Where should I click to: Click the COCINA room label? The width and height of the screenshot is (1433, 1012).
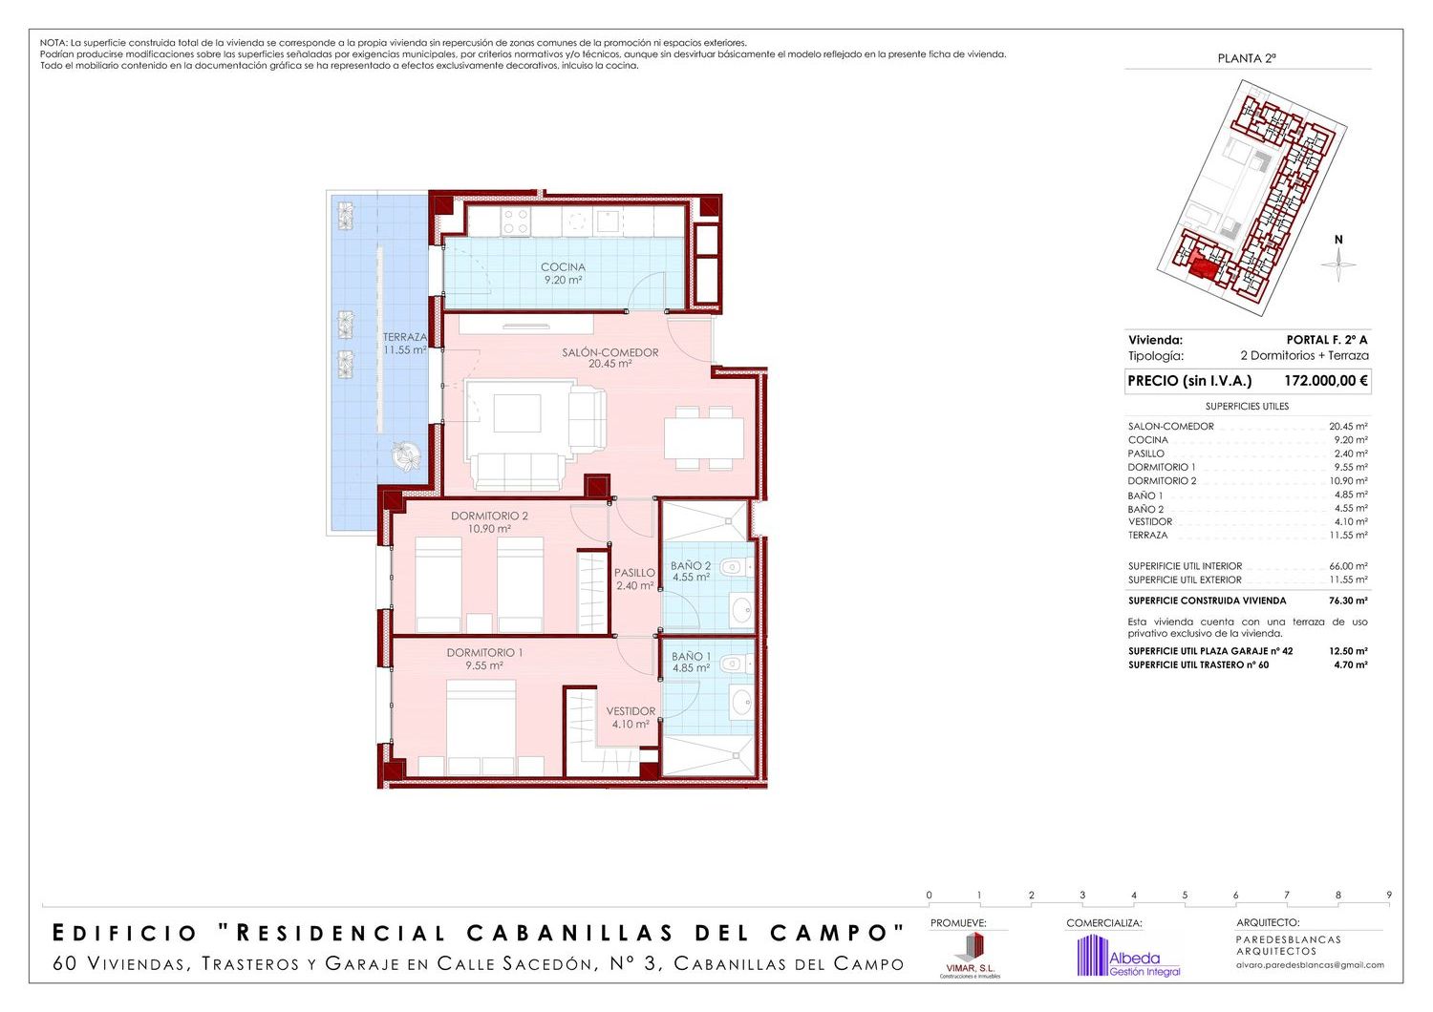(x=563, y=267)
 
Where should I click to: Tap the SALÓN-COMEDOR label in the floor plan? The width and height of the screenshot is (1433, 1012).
(x=610, y=352)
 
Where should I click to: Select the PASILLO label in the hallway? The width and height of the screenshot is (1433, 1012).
(x=634, y=573)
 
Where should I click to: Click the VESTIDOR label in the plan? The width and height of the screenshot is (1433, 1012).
(x=631, y=711)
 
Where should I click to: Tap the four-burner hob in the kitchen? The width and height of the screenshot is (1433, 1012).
(x=515, y=221)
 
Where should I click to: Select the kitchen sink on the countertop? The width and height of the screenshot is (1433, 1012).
(x=607, y=221)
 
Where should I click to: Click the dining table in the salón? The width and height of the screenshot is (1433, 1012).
(x=704, y=438)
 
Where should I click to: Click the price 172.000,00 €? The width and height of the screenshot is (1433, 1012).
(x=1326, y=381)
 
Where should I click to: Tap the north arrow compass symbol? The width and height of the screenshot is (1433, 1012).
(x=1338, y=264)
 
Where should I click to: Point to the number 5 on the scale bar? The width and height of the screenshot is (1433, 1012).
(x=1185, y=896)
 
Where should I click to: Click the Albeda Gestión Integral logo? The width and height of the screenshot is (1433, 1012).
(x=1129, y=957)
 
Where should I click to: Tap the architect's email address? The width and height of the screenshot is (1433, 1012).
(x=1310, y=964)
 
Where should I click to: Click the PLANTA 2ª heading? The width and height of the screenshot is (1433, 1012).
(x=1247, y=58)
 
